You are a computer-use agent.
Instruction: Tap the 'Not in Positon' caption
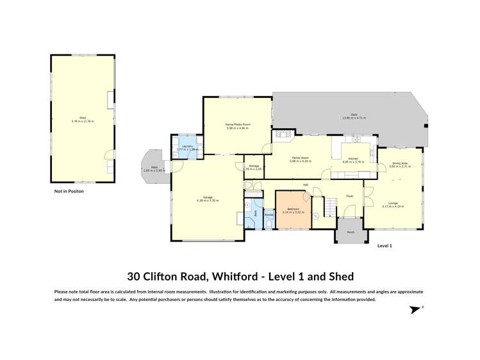click(x=69, y=191)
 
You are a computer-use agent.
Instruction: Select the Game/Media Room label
click(x=237, y=124)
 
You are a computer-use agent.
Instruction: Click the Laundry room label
click(x=187, y=146)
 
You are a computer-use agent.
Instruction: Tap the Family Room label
click(x=300, y=158)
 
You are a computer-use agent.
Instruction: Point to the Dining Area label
click(x=401, y=163)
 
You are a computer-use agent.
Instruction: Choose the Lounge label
click(x=393, y=203)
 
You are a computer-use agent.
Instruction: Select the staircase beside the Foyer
click(x=329, y=207)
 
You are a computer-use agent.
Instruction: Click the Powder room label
click(x=269, y=215)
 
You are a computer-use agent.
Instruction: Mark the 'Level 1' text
click(x=385, y=246)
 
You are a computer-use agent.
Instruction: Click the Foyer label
click(x=350, y=196)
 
